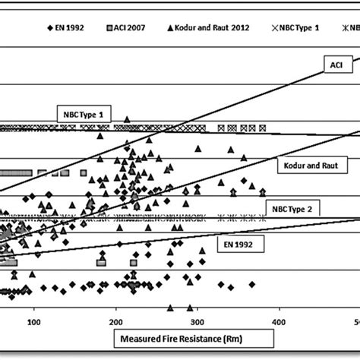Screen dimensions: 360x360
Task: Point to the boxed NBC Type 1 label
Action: pyautogui.click(x=84, y=115)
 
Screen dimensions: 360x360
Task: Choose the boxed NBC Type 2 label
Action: pyautogui.click(x=294, y=207)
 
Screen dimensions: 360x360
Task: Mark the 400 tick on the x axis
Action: pyautogui.click(x=279, y=322)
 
